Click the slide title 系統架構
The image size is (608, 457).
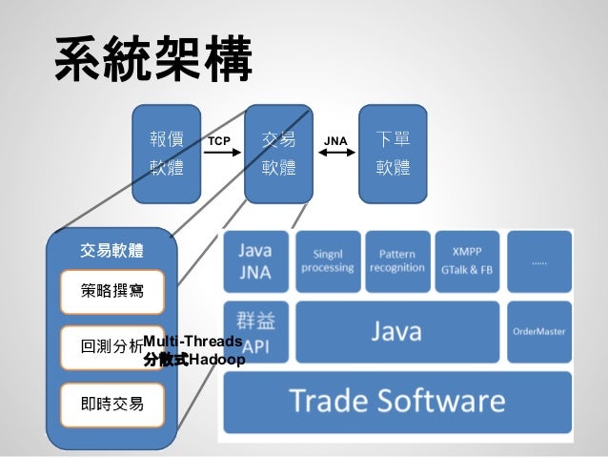(x=153, y=59)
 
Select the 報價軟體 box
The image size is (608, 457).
(x=167, y=154)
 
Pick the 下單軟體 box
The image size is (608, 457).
(x=393, y=154)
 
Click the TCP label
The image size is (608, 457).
(x=220, y=141)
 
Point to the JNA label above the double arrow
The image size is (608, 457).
(x=335, y=141)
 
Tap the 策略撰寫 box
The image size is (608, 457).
(x=111, y=292)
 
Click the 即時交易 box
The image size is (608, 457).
(x=111, y=405)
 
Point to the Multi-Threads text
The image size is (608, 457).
(x=192, y=342)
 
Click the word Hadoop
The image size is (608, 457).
(x=217, y=360)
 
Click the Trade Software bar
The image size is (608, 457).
(x=396, y=402)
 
